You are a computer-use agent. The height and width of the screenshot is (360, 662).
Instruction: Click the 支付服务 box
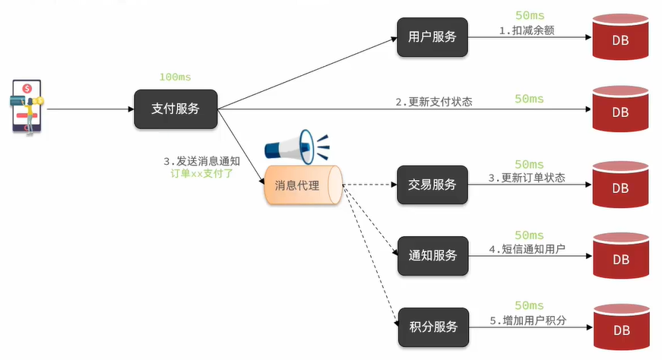(x=176, y=109)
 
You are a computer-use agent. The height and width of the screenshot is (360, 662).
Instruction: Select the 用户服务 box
(x=432, y=36)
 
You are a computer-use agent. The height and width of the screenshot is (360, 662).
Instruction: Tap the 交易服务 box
(x=432, y=184)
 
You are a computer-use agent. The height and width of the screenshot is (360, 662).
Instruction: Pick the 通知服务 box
(x=432, y=255)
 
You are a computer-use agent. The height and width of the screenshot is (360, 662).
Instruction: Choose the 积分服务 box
(x=432, y=327)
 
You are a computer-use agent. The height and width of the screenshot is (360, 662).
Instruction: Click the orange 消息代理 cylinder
(x=302, y=185)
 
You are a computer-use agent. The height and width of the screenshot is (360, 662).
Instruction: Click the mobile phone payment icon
(x=27, y=107)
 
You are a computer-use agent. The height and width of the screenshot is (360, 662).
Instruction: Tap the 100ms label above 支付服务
(x=176, y=77)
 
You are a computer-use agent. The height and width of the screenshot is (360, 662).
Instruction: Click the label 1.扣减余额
(x=527, y=30)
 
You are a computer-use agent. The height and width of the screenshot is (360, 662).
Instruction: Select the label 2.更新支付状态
(x=433, y=102)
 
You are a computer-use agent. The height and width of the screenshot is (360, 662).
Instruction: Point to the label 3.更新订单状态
(x=527, y=178)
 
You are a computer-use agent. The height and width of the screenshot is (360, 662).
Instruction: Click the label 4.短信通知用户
(x=527, y=249)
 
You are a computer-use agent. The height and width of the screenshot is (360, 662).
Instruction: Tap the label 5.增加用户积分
(x=527, y=321)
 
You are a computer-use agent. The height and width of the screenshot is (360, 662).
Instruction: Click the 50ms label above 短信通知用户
(x=529, y=235)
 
